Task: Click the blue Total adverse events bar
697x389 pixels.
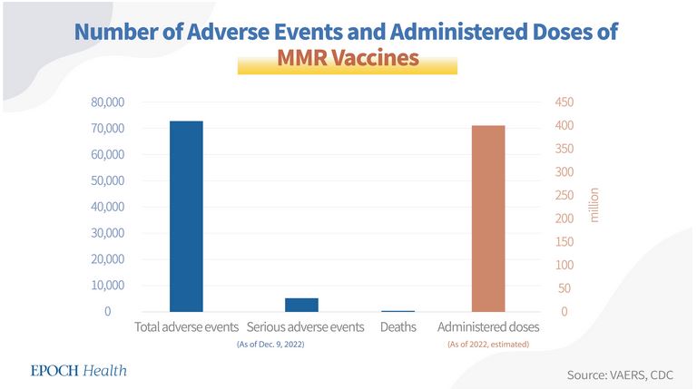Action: click(x=186, y=216)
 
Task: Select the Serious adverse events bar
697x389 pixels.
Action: click(x=307, y=305)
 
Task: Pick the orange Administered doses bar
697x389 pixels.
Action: click(x=488, y=219)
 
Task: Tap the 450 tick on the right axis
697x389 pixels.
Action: click(x=564, y=102)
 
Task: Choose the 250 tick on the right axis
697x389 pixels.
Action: click(x=564, y=196)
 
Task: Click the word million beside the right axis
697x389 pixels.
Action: click(x=595, y=207)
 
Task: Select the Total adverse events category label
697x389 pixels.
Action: click(x=186, y=326)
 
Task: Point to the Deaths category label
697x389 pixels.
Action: click(x=398, y=326)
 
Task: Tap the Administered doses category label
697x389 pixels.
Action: click(x=488, y=326)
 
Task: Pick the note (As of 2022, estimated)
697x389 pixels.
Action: click(x=488, y=344)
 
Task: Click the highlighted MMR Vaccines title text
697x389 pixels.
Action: click(x=348, y=59)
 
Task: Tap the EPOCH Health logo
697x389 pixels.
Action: click(x=78, y=370)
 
